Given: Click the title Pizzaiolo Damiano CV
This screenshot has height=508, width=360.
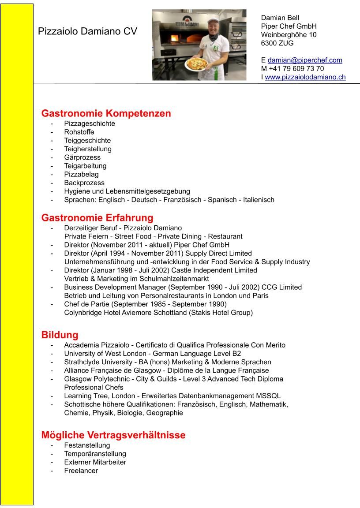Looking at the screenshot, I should click(x=87, y=31).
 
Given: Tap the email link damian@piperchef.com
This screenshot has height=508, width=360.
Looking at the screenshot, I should click(x=305, y=60).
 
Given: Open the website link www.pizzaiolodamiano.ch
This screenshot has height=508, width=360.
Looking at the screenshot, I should click(x=305, y=77).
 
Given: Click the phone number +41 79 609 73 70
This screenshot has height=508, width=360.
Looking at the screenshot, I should click(x=296, y=68).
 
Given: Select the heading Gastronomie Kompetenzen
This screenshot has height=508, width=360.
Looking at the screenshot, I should click(x=106, y=113).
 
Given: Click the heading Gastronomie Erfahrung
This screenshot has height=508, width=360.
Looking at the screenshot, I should click(x=97, y=218).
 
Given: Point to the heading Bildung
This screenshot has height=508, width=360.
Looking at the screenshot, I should click(x=60, y=335).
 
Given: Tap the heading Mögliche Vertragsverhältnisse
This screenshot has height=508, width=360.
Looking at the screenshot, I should click(x=113, y=435).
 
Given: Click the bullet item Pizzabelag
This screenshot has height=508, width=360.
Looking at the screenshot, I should click(x=81, y=174).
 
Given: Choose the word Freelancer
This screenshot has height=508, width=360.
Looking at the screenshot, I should click(x=81, y=471).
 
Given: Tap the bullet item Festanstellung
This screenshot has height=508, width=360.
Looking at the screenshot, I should click(x=87, y=445).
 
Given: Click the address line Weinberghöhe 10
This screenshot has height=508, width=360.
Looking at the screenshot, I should click(x=289, y=35).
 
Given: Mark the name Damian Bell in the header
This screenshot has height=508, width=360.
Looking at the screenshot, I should click(x=280, y=18).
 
